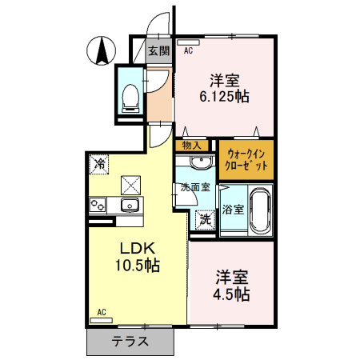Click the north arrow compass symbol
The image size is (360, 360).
click(102, 52)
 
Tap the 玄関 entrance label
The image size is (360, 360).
click(158, 52)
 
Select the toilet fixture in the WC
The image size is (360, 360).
click(130, 95)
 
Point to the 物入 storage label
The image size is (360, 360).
click(191, 146)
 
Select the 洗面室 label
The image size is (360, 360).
click(194, 188)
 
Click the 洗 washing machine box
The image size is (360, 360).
click(206, 217)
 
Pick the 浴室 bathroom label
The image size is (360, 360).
click(233, 210)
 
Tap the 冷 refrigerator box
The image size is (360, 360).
click(100, 164)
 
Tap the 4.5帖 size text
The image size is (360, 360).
click(232, 294)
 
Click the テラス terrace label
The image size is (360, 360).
click(130, 342)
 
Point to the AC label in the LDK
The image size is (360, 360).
click(102, 311)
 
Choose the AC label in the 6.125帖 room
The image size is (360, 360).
click(188, 50)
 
